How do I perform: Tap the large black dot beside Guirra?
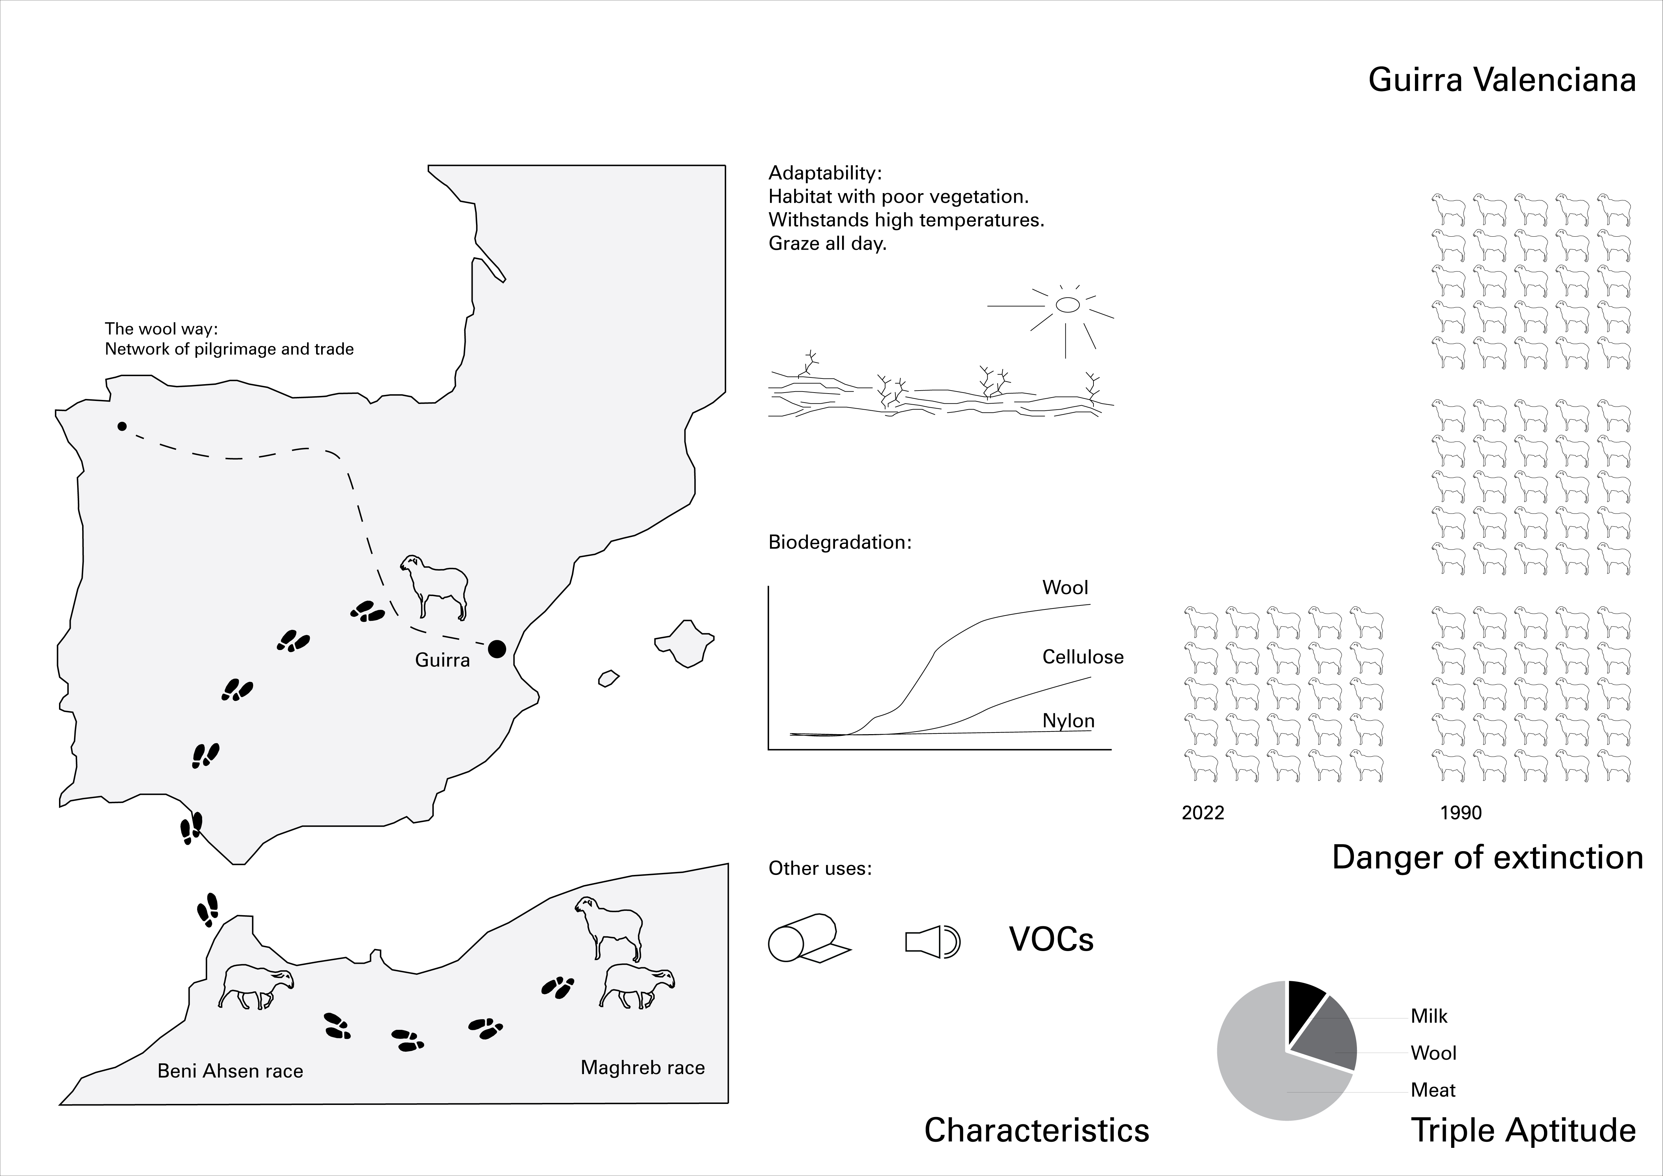[x=497, y=649]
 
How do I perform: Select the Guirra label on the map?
[x=442, y=660]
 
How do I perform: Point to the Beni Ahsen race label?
[x=230, y=1071]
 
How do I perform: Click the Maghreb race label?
[x=643, y=1067]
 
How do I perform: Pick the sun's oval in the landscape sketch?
[x=1068, y=305]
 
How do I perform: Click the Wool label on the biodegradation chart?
[x=1065, y=587]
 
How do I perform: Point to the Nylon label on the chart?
[x=1068, y=720]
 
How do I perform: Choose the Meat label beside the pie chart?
[x=1433, y=1090]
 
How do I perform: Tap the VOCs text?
[x=1051, y=939]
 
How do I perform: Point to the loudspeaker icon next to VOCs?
[x=932, y=942]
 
